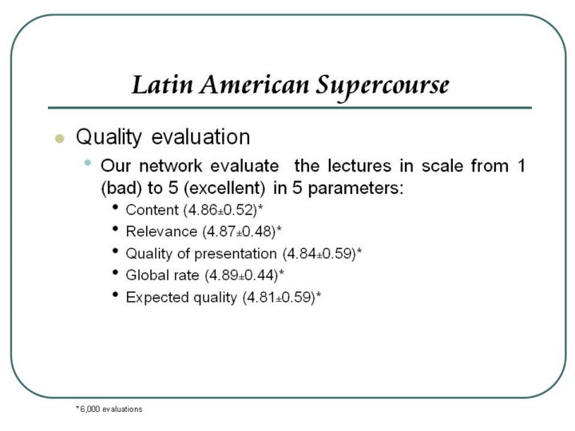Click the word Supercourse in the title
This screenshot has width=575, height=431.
[382, 86]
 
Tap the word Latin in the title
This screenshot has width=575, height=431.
[161, 85]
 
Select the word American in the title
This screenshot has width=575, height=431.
[255, 85]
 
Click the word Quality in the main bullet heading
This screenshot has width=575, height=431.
[109, 137]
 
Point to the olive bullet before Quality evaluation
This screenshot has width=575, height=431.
[59, 139]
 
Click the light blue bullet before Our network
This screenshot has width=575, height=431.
[87, 162]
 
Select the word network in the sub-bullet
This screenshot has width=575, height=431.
[171, 166]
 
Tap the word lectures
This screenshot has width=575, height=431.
[359, 166]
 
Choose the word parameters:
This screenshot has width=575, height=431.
[355, 188]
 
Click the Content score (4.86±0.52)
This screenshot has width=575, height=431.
[223, 210]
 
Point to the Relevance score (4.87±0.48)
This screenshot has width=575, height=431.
[242, 231]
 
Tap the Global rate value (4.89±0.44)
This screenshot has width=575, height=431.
[244, 275]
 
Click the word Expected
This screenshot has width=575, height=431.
[157, 297]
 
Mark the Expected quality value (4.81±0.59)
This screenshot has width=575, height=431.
[282, 297]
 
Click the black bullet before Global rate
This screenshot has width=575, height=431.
[116, 273]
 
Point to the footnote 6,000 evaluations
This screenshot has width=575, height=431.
[109, 409]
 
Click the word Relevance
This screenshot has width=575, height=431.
[161, 231]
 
